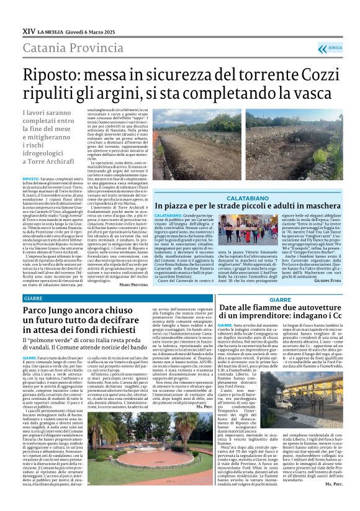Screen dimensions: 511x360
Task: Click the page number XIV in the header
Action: (27, 29)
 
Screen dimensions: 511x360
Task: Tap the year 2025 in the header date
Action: (108, 30)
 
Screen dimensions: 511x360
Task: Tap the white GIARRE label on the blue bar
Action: (35, 297)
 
